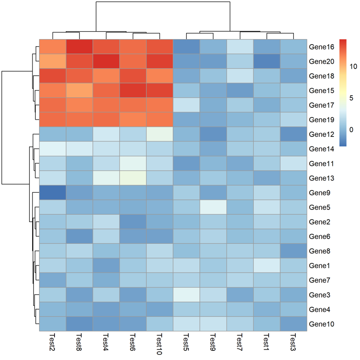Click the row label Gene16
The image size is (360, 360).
click(321, 47)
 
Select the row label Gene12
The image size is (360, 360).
click(321, 134)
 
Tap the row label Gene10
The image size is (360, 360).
click(321, 324)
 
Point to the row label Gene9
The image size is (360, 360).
click(319, 193)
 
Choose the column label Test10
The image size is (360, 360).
click(160, 344)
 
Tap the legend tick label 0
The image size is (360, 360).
click(352, 130)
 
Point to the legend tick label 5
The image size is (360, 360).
click(352, 98)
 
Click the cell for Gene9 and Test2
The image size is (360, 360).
click(52, 193)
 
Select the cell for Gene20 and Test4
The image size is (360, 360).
click(106, 62)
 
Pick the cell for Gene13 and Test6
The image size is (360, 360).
click(133, 178)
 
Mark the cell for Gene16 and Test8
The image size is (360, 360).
click(79, 47)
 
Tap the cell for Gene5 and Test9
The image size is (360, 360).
click(213, 207)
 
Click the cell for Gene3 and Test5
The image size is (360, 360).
click(186, 295)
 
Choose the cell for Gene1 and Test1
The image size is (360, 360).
click(267, 266)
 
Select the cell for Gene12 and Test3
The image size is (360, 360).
click(294, 134)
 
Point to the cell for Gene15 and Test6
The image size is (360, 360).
click(133, 91)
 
